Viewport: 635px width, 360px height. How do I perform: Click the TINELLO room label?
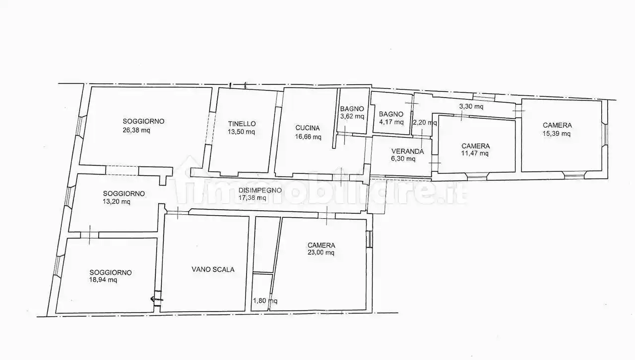point(242,124)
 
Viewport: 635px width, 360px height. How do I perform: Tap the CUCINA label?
point(308,128)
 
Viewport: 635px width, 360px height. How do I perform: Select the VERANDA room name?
point(408,151)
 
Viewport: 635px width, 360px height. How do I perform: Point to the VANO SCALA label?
point(213,269)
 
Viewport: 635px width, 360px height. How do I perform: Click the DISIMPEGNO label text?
point(260,190)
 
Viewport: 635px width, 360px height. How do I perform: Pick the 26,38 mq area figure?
point(136,130)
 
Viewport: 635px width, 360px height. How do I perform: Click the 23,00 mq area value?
point(321,252)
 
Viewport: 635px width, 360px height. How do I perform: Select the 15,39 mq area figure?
point(557,133)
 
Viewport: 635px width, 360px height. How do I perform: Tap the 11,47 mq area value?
point(475,153)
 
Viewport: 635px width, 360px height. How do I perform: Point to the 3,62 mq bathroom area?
point(352,116)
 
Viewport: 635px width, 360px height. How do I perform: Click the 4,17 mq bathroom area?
point(391,122)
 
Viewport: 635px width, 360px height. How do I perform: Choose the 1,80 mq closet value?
point(265,301)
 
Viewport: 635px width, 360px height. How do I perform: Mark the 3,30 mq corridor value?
point(471,107)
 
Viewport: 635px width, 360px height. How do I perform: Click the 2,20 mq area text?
point(425,123)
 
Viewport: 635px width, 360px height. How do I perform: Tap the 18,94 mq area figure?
point(103,280)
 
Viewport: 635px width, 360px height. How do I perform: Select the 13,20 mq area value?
point(117,202)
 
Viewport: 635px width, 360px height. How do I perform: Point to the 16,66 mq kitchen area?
point(308,137)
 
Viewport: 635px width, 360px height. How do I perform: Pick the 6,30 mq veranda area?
point(403,159)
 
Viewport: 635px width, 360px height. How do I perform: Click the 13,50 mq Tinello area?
point(241,132)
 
